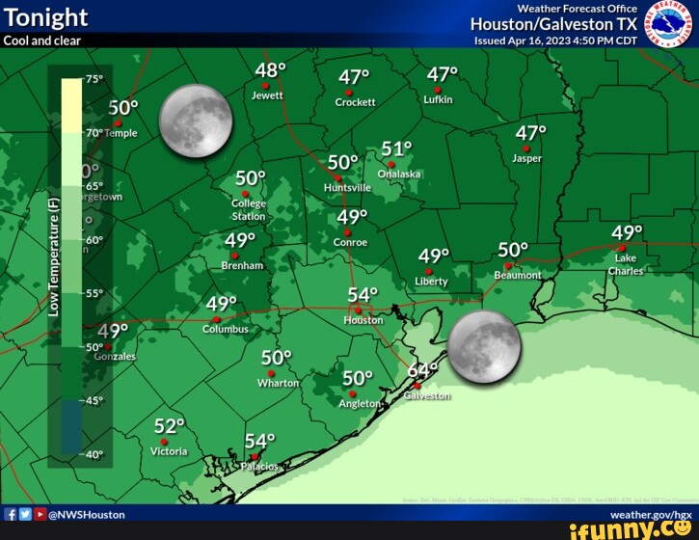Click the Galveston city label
tap(427, 396)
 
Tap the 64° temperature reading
tap(422, 371)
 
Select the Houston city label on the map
tap(363, 320)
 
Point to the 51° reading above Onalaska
tap(396, 148)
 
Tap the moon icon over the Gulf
tap(484, 345)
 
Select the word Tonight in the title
tap(45, 17)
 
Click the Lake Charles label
tap(625, 264)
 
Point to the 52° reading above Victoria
tap(169, 426)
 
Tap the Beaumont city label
tap(518, 275)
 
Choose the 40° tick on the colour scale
tap(94, 453)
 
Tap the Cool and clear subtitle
tap(42, 40)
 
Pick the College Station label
tap(249, 210)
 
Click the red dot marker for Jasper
tap(526, 148)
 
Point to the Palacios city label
tap(257, 467)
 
